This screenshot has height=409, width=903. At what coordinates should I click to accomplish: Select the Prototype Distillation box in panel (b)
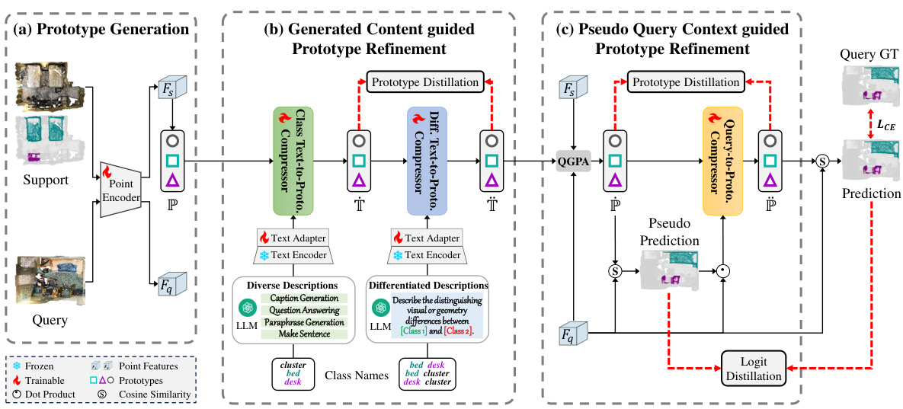coord(425,81)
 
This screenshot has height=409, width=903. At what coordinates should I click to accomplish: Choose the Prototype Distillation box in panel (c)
coord(684,81)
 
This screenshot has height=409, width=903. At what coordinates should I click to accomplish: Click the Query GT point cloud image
coord(869,84)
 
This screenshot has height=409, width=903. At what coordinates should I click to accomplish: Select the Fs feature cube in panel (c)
coord(569,88)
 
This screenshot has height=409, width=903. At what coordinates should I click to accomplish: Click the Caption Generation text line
coord(303,297)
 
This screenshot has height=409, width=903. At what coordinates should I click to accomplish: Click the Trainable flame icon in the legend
coord(21,379)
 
